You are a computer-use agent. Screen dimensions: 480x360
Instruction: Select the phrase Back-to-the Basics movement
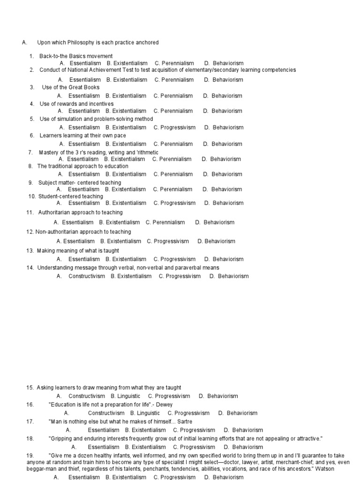pos(76,56)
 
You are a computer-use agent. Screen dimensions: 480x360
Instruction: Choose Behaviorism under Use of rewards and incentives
pos(227,111)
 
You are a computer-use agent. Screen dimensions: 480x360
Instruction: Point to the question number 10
pos(32,196)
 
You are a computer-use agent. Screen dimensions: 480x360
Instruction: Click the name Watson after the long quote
pos(313,468)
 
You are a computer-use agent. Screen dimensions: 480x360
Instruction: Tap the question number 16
pos(30,405)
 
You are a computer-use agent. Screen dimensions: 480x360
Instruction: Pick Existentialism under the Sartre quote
pos(149,430)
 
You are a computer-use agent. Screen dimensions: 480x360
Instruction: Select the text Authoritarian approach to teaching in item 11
pos(81,212)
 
